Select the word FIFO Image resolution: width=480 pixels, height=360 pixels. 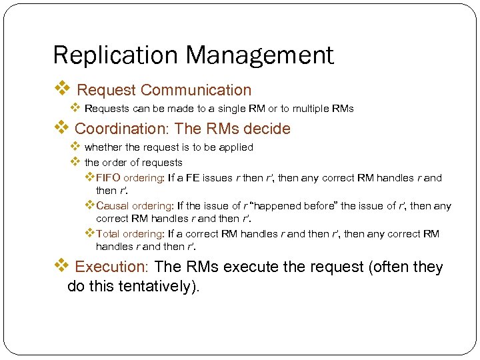coord(108,178)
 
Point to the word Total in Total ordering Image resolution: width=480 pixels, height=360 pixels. coord(109,234)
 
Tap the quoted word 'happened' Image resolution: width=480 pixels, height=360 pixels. coord(283,206)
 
